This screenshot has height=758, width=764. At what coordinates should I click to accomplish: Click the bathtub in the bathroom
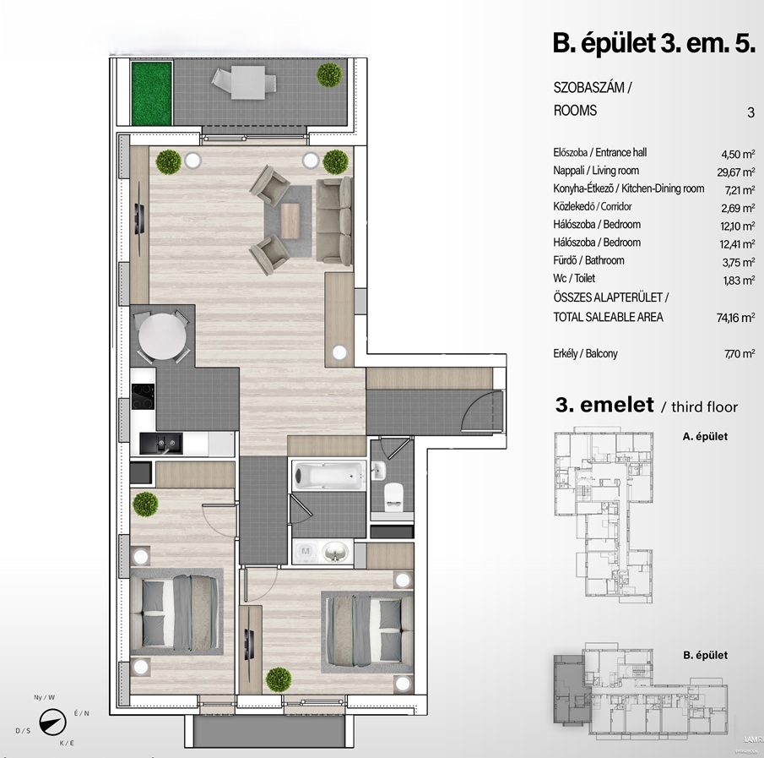pos(328,475)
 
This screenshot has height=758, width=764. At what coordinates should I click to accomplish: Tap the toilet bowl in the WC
pos(393,495)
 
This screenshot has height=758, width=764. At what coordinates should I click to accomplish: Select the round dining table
pos(162,336)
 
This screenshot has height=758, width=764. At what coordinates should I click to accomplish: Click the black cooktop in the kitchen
pos(143,396)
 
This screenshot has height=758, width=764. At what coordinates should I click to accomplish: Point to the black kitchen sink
pos(161,443)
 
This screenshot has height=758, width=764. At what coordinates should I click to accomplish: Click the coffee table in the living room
pos(290,221)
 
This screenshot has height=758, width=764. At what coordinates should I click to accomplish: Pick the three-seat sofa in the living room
pos(334,221)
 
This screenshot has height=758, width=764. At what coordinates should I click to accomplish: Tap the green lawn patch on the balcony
pos(151,94)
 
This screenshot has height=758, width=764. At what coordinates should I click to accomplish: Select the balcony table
pos(248,83)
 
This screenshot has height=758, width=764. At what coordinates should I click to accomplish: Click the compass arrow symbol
pos(52,722)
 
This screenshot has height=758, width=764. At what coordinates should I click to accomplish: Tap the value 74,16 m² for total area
pos(735,318)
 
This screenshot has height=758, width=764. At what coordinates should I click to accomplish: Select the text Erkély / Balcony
pos(585,353)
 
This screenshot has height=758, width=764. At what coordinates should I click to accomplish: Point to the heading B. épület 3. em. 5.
pos(654,43)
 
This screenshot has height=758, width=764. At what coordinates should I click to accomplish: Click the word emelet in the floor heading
pos(617,405)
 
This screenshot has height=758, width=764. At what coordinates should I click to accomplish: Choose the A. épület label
pos(705,437)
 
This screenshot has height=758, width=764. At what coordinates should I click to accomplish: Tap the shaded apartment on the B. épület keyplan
pos(572,689)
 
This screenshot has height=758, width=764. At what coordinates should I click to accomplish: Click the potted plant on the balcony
pos(329,75)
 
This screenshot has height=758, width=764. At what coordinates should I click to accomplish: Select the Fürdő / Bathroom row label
pos(588,260)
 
